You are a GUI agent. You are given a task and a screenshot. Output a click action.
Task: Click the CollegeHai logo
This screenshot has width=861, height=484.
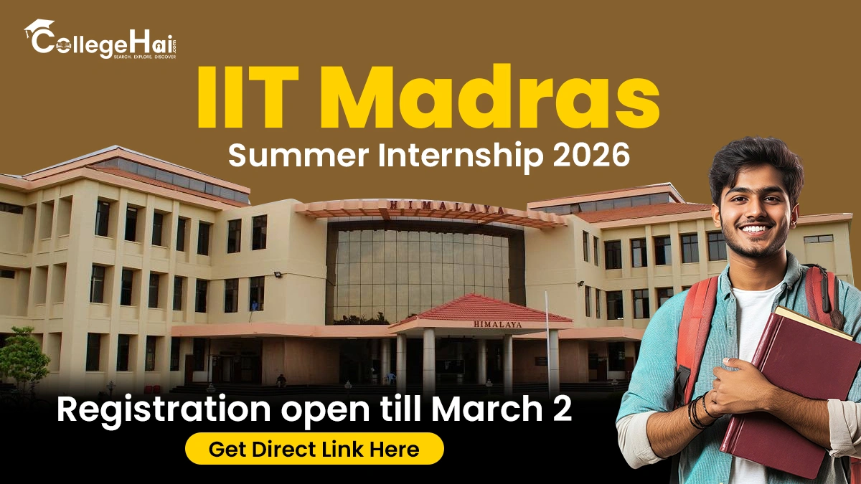pos(100,39)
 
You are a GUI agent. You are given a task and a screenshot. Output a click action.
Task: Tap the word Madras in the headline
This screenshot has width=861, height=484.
pos(493,97)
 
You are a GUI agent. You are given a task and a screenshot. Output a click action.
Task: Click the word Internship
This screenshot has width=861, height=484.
pos(461,156)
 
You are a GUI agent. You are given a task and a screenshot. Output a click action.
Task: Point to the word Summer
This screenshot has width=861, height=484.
pos(298,155)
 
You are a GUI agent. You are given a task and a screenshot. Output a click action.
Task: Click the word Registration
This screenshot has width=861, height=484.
pos(164,410)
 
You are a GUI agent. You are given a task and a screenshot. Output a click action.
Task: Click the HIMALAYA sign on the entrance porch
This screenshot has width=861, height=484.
pos(498,325)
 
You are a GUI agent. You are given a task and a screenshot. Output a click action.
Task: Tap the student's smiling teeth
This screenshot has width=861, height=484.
pos(754,229)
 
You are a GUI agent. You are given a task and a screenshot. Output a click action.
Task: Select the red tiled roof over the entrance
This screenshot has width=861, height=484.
pos(482,308)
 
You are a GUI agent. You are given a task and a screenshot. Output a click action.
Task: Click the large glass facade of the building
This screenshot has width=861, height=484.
pos(421,275)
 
